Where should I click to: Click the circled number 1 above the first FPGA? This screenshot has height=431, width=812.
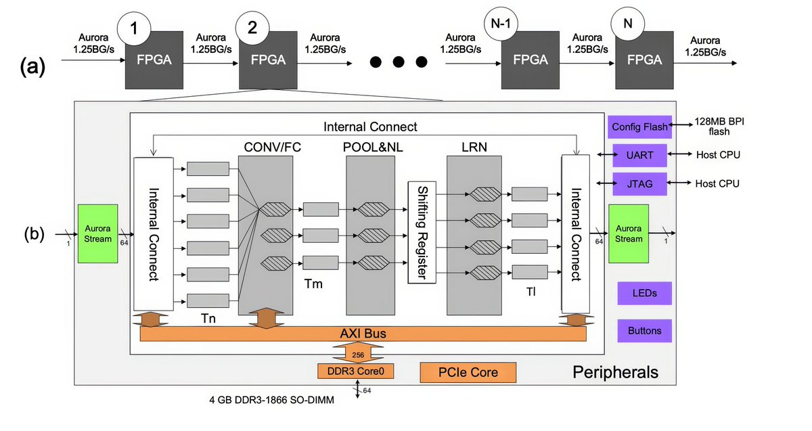(134, 29)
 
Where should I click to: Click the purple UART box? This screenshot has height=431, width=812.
(639, 155)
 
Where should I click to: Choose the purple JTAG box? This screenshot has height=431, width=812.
(639, 183)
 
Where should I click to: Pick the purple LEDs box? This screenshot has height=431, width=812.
(644, 294)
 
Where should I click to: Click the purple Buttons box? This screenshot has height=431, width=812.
(644, 331)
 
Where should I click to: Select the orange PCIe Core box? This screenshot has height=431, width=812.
(468, 372)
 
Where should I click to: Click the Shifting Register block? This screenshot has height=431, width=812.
(420, 232)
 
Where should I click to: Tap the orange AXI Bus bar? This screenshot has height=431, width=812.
(363, 334)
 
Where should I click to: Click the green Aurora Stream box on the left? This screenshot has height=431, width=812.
(98, 233)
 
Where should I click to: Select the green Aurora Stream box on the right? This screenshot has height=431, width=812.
(629, 233)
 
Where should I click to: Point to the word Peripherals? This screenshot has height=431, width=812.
(615, 371)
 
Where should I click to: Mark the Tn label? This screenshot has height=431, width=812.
(208, 318)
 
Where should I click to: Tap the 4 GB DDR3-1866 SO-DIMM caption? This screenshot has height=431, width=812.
(272, 400)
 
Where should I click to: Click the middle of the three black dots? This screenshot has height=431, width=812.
(399, 62)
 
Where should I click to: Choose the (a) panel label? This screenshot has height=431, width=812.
(32, 67)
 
